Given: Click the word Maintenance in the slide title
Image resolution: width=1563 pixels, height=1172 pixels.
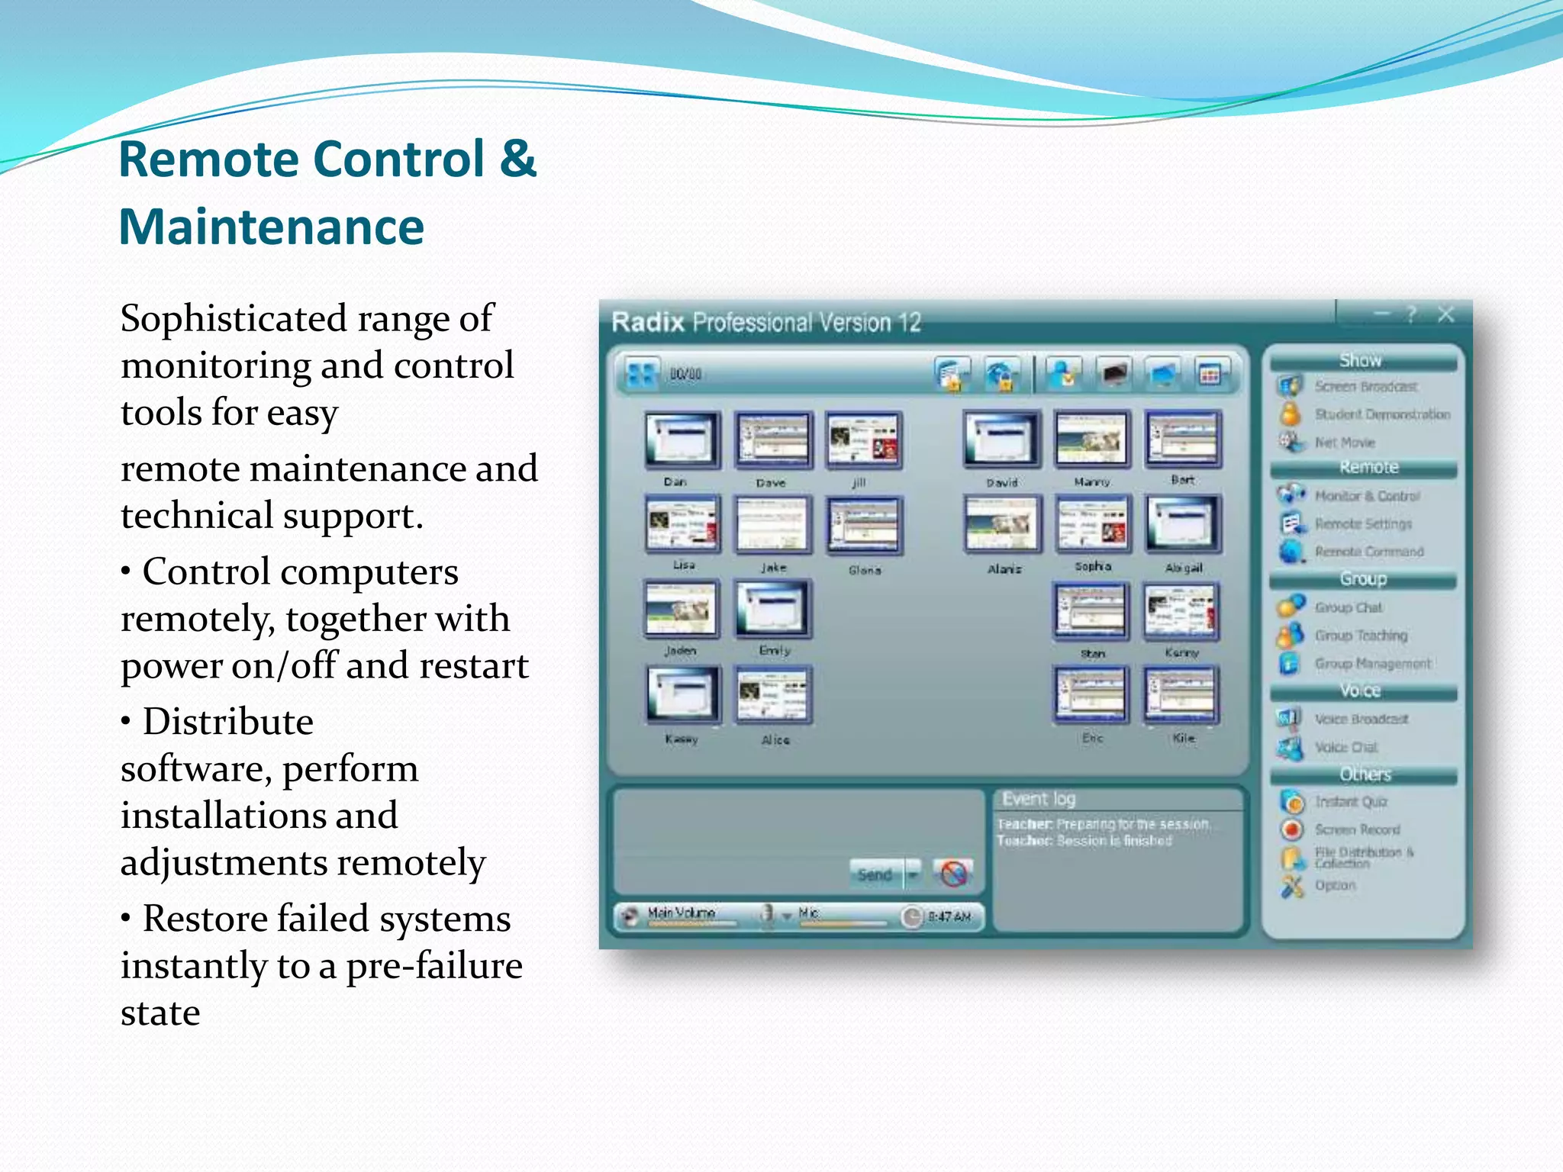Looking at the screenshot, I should click(x=271, y=227).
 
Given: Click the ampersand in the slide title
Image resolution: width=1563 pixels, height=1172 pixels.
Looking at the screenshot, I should click(x=518, y=159).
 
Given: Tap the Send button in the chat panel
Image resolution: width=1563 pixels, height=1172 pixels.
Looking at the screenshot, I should click(x=875, y=874).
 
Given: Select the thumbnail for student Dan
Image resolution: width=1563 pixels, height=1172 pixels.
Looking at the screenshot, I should click(x=682, y=439).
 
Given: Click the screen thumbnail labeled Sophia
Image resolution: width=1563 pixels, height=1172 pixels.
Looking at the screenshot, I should click(x=1091, y=523).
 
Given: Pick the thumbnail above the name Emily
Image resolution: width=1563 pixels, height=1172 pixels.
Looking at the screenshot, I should click(x=772, y=609).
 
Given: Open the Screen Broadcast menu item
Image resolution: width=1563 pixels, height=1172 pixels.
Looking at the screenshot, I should click(x=1365, y=387).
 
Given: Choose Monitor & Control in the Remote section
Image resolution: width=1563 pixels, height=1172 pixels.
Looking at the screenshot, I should click(x=1367, y=496).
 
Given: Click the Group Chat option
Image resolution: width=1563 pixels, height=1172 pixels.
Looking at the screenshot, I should click(x=1348, y=607).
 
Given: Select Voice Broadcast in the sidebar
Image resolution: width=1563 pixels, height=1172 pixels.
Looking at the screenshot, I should click(x=1361, y=719).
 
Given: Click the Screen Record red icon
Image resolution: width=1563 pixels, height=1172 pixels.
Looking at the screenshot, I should click(x=1292, y=829).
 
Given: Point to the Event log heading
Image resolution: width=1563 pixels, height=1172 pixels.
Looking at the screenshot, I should click(x=1039, y=799).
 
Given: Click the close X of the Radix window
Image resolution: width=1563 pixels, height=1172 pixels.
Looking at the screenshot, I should click(x=1445, y=314).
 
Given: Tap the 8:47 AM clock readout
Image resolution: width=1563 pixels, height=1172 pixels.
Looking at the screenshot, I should click(x=949, y=916).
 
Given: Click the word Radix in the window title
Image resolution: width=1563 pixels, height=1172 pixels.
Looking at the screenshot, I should click(x=647, y=323).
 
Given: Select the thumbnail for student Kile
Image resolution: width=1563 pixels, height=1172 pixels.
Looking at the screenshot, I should click(x=1181, y=695).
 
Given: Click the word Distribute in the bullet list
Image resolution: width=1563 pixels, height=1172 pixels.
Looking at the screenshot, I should click(x=227, y=722).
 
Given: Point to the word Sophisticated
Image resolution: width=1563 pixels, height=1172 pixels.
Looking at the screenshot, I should click(x=233, y=319).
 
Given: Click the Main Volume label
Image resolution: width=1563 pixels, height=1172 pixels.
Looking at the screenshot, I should click(x=681, y=913).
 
